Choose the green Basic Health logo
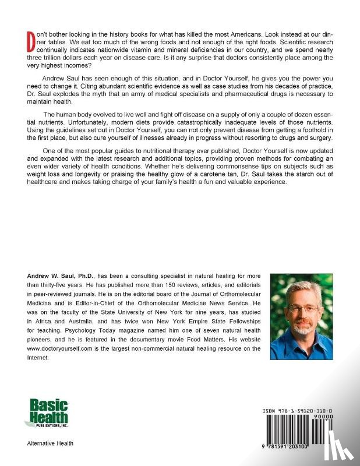(46, 414)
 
